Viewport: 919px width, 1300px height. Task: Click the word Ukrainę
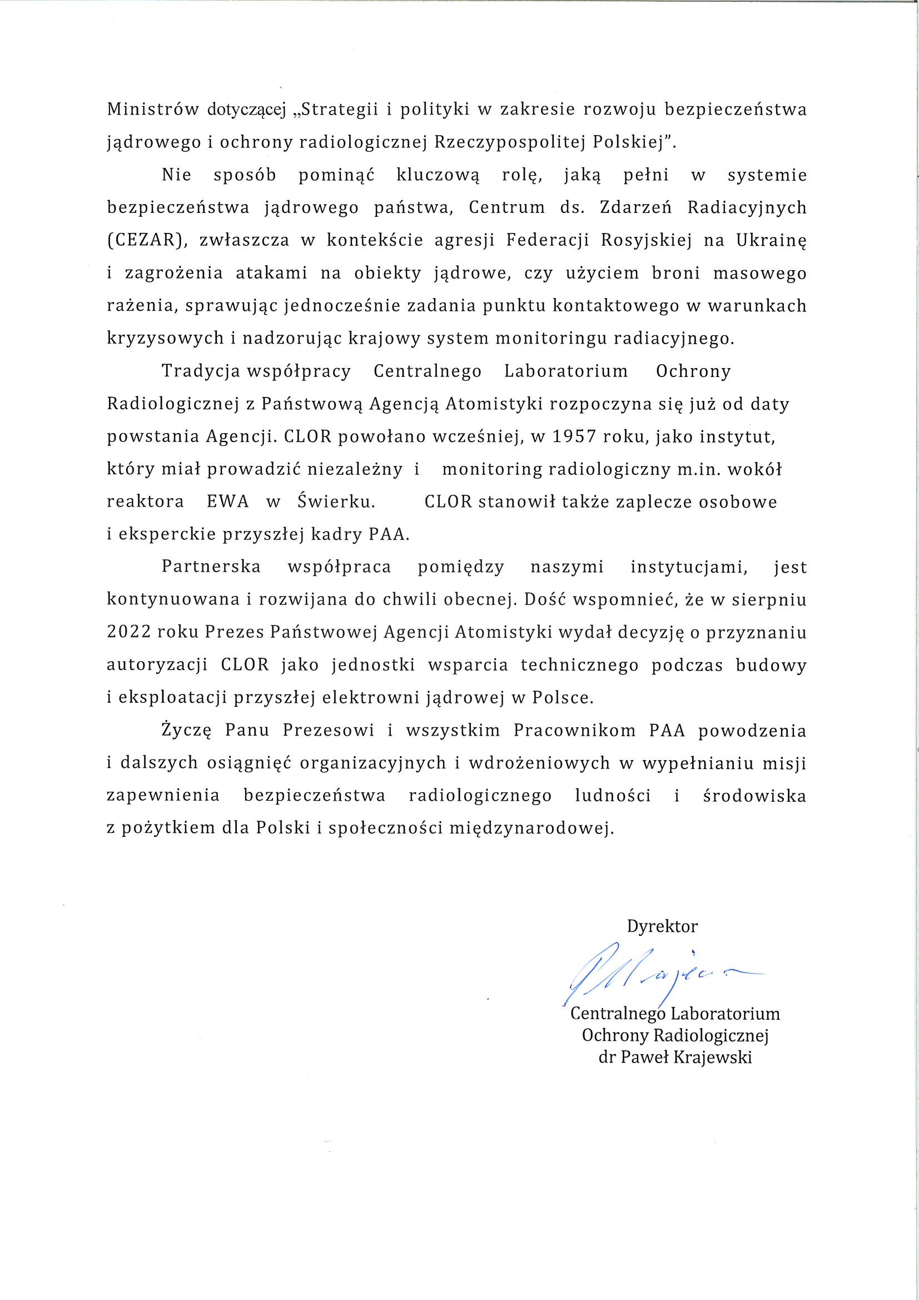click(x=771, y=241)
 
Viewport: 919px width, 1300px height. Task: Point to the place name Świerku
click(x=336, y=502)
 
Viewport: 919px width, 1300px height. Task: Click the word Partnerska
click(x=211, y=567)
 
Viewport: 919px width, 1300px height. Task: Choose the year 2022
click(x=128, y=632)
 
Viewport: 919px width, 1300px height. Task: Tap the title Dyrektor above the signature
click(x=662, y=927)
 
